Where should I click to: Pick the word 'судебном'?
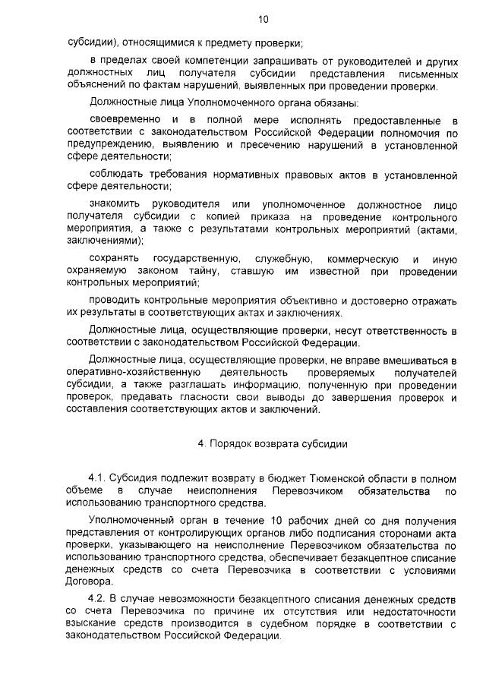[x=289, y=624]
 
